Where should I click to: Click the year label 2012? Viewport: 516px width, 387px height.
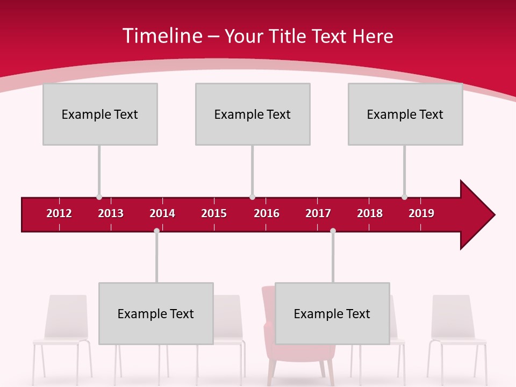click(59, 213)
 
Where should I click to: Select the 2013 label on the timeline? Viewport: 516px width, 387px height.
click(111, 213)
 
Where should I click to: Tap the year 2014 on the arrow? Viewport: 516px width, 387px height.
click(162, 213)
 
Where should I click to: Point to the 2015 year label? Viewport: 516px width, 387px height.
click(214, 213)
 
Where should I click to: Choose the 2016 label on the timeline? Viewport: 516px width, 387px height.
click(267, 213)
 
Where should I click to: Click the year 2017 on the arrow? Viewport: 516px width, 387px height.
click(318, 213)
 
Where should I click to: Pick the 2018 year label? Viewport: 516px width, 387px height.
click(370, 213)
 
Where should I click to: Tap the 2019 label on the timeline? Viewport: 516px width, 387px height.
click(421, 213)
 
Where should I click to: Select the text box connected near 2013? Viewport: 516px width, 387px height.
click(100, 114)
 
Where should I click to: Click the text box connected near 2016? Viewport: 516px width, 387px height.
click(253, 114)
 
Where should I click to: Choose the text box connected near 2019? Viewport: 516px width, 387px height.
click(405, 114)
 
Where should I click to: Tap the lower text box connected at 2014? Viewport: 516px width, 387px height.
click(156, 313)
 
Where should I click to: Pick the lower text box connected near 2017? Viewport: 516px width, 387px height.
click(332, 313)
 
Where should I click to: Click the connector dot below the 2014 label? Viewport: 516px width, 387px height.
click(156, 231)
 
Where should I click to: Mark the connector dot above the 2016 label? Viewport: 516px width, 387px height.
click(252, 197)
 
